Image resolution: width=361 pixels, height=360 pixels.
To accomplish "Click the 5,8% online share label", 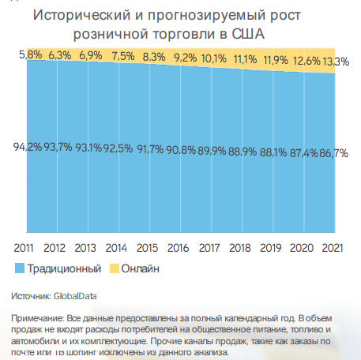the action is tap(31, 54).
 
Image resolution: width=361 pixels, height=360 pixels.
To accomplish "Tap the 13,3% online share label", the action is tap(336, 62).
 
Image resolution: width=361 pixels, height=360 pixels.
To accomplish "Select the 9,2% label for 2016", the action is tap(186, 58).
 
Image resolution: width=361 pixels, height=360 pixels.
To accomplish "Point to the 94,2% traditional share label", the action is tap(28, 147).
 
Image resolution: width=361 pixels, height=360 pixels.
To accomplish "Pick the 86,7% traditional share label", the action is tap(333, 153).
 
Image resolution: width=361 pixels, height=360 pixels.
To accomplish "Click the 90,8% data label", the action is tap(181, 150).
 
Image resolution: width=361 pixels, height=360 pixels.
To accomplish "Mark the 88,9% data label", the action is tap(243, 152).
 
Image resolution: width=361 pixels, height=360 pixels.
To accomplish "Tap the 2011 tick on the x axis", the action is tap(24, 248).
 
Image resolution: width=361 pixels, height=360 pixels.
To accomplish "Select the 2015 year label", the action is tap(147, 248).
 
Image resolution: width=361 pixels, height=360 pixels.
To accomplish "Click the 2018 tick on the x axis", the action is tap(240, 248).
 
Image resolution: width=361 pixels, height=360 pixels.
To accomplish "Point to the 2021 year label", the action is tap(333, 248).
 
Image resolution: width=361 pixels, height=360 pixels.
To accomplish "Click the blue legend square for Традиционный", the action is tap(20, 268).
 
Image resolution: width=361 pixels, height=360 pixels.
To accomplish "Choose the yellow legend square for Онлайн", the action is tap(115, 268).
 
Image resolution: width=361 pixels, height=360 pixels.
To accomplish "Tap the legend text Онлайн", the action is tap(141, 268).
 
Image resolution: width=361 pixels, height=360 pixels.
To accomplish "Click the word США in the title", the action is tap(248, 34).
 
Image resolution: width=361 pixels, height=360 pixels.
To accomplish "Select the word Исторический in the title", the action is tap(82, 15).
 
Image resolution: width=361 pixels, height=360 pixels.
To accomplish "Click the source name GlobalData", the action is tap(75, 296).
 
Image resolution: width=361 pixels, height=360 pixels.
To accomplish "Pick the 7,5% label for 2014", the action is tap(123, 56).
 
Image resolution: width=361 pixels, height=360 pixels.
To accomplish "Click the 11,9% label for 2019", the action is tap(276, 60).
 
